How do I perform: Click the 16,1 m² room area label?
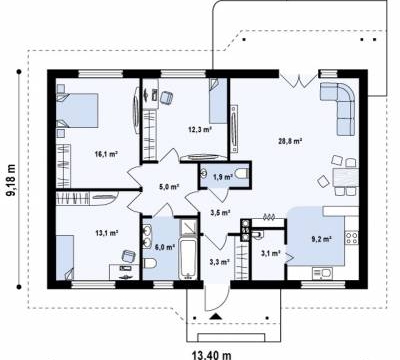[x=107, y=154]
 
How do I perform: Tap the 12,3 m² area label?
[x=200, y=129]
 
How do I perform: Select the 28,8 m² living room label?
[x=290, y=141]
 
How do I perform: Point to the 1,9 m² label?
[x=223, y=177]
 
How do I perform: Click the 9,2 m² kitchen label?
[x=321, y=239]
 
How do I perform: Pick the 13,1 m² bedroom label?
[x=107, y=233]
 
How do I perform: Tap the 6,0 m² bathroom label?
[x=165, y=247]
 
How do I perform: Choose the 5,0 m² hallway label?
[x=170, y=187]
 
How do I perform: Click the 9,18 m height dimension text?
[x=12, y=179]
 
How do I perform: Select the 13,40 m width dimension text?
[x=211, y=355]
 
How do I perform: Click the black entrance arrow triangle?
[x=216, y=316]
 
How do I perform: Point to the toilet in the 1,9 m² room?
[x=241, y=173]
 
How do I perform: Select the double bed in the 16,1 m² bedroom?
[x=77, y=110]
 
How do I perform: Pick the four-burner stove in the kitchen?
[x=352, y=237]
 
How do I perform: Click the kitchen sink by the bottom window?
[x=322, y=273]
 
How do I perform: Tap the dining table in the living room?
[x=346, y=178]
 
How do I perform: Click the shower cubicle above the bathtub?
[x=189, y=227]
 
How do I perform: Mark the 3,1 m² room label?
[x=270, y=254]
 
